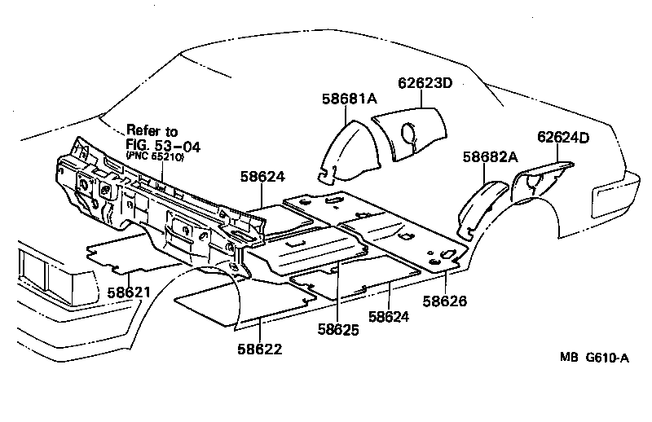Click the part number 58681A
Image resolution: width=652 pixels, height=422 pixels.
349,99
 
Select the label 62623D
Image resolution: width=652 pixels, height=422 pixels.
425,83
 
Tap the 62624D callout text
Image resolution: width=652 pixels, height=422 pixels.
562,137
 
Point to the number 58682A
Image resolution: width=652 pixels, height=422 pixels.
490,157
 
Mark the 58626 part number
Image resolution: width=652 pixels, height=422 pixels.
444,301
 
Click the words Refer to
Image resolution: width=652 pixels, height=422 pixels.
152,131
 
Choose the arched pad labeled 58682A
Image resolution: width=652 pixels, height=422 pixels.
481,204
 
